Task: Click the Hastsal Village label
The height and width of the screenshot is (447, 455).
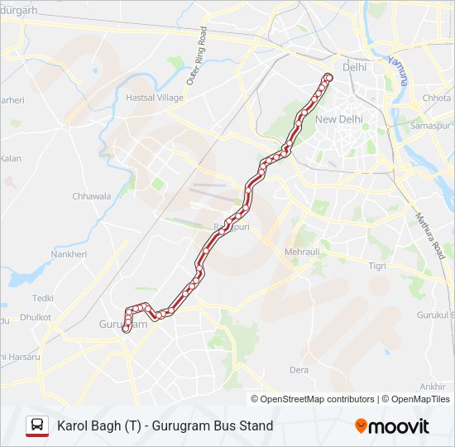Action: click(x=154, y=98)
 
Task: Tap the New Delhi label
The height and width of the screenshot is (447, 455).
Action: click(x=338, y=119)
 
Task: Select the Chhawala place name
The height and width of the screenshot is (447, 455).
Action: click(x=91, y=196)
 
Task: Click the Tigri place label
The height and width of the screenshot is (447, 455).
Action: click(x=377, y=266)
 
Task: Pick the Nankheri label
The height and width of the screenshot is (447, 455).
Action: click(x=68, y=254)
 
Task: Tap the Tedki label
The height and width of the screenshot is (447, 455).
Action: click(x=43, y=298)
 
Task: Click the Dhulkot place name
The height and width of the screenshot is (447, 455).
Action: click(x=36, y=317)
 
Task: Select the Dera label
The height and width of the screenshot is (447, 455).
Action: click(x=299, y=370)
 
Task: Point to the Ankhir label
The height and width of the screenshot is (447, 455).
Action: click(x=433, y=387)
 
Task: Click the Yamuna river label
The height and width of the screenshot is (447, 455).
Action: click(x=398, y=70)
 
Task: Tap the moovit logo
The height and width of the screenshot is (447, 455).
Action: click(x=392, y=426)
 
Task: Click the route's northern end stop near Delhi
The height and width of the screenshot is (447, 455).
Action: click(x=328, y=77)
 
